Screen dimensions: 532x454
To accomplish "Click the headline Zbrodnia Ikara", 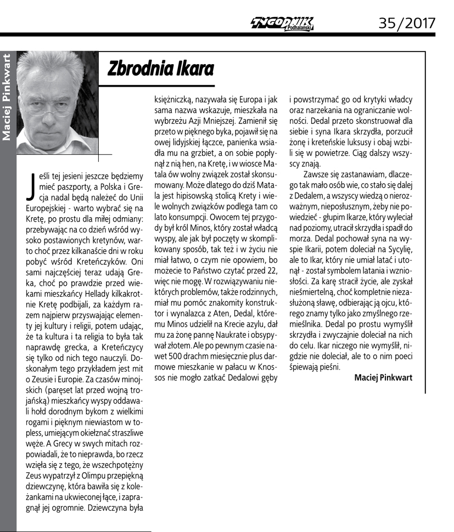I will point(160,68).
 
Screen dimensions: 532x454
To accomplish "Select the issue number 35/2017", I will point(407,22).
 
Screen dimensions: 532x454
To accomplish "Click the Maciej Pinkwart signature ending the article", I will point(383,377).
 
